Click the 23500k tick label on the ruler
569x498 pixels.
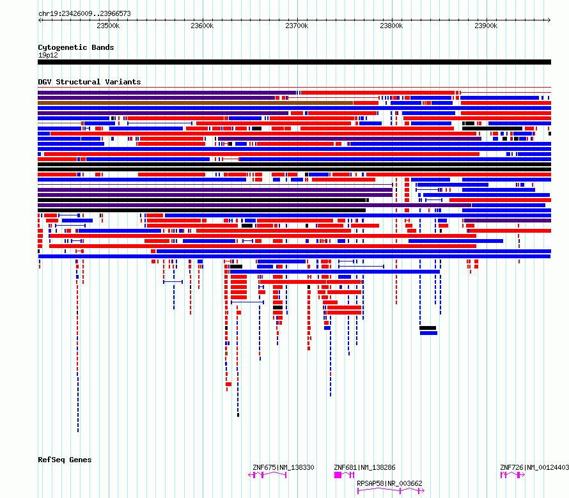click(108, 26)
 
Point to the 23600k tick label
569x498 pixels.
click(202, 26)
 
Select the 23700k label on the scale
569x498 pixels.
click(297, 26)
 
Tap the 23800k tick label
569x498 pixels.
click(391, 26)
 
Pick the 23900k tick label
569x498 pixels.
click(486, 26)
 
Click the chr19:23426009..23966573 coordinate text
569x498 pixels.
click(84, 14)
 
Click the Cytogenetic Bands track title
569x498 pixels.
click(76, 47)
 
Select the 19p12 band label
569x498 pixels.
click(48, 55)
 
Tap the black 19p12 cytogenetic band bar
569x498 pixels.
click(294, 62)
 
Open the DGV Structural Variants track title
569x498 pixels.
click(90, 82)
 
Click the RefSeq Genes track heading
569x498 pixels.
click(65, 460)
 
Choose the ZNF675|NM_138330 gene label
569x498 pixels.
click(283, 467)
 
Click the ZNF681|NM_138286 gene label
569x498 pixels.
click(364, 467)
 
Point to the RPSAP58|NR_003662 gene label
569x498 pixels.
click(389, 483)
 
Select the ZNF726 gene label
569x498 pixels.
click(511, 467)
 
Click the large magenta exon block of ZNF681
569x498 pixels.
click(338, 475)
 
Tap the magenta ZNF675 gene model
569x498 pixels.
click(267, 475)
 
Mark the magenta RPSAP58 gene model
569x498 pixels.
click(391, 491)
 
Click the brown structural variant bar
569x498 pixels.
click(195, 103)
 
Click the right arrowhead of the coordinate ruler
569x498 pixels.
click(549, 20)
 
